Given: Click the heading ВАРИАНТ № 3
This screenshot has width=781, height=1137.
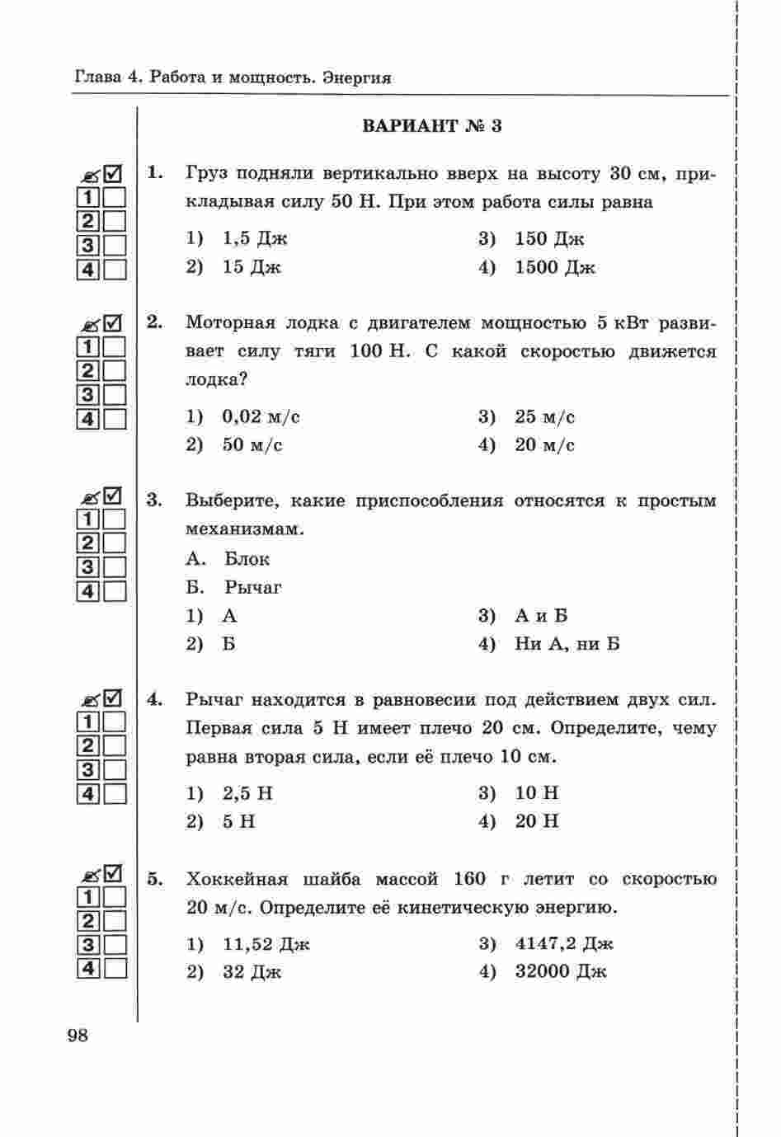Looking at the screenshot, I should (x=431, y=126).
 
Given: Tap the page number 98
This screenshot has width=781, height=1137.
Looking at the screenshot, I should (x=78, y=1036).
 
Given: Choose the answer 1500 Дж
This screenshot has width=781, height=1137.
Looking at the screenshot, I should (x=554, y=267).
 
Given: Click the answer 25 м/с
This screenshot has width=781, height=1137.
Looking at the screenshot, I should (x=544, y=416).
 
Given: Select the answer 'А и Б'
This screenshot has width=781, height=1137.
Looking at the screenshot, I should (x=541, y=616).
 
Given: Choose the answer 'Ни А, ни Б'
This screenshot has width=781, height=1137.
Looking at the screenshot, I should (x=567, y=644).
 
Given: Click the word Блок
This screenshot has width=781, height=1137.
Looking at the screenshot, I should (x=247, y=559).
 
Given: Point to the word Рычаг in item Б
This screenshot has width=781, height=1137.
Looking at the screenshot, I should (x=252, y=588).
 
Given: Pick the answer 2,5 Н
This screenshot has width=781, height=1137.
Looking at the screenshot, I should (x=247, y=793).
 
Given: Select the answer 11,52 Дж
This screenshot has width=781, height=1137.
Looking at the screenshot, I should (x=266, y=944).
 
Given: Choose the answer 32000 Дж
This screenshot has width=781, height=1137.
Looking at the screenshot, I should (x=560, y=972).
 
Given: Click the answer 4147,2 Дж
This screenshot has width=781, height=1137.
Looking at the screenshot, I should (x=564, y=944).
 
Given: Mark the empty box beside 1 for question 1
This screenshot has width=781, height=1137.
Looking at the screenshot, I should (x=115, y=198).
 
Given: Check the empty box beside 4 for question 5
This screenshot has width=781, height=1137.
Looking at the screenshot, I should (x=115, y=969).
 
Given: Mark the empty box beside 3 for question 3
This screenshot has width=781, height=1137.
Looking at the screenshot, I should (x=115, y=567).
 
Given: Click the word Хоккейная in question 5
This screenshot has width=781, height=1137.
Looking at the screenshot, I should (x=233, y=880).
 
